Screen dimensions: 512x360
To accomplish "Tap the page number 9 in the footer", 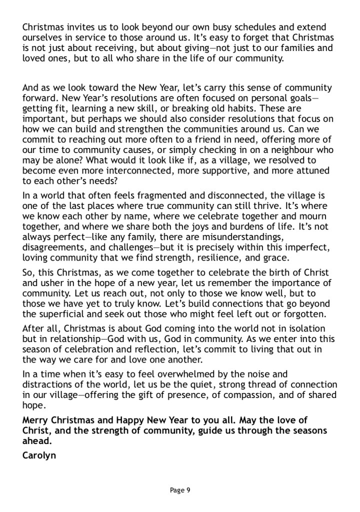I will pos(188,490).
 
